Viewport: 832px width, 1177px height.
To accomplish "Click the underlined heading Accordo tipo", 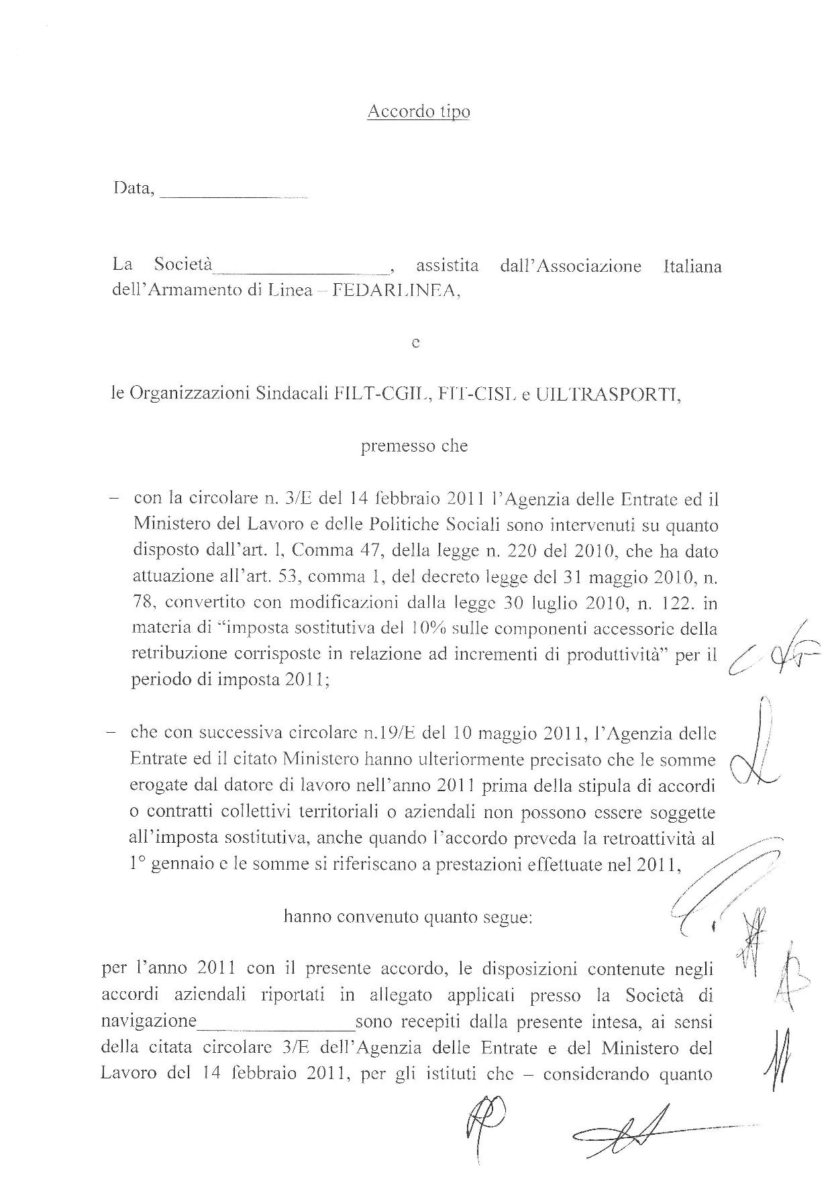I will point(418,111).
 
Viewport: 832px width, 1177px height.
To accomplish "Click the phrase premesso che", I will point(414,446).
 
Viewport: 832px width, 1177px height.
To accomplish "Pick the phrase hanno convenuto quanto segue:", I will point(408,916).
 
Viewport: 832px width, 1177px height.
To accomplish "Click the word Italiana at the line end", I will point(692,266).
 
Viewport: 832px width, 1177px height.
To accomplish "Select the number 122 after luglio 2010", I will point(677,603).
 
